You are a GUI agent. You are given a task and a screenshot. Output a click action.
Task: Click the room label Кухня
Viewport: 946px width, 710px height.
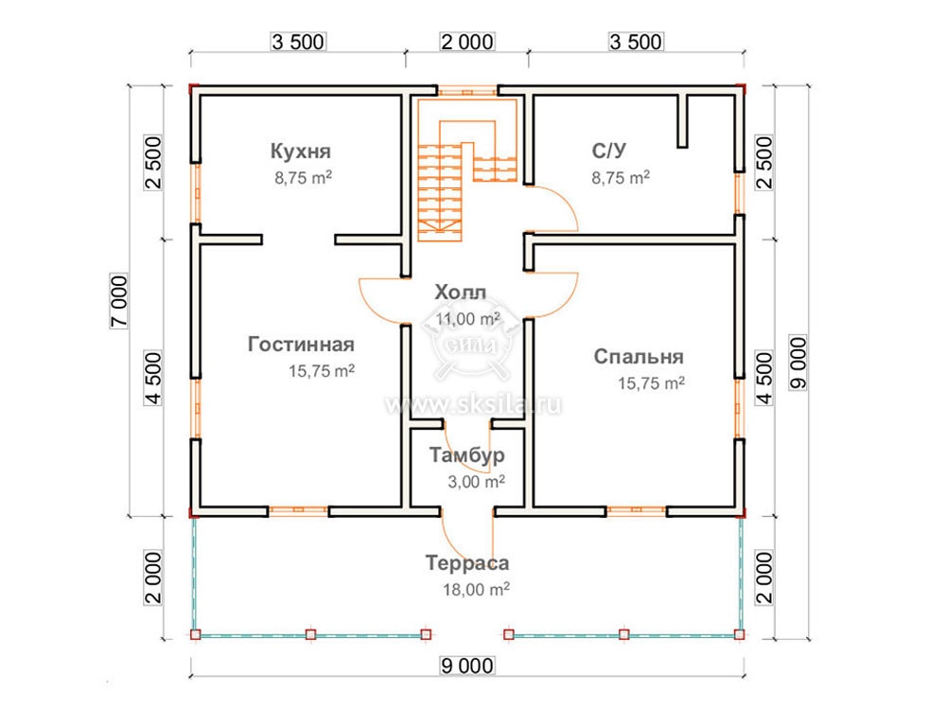pyautogui.click(x=301, y=151)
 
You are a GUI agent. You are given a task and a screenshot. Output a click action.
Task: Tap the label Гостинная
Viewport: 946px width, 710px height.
pyautogui.click(x=301, y=345)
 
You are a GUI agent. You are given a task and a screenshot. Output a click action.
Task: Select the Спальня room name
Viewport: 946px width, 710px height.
pyautogui.click(x=639, y=356)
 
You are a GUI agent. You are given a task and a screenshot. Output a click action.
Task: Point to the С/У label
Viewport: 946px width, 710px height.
pyautogui.click(x=608, y=151)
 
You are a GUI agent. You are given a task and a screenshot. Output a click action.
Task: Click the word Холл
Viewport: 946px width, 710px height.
pyautogui.click(x=461, y=293)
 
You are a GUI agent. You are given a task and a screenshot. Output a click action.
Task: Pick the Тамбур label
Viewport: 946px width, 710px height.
pyautogui.click(x=467, y=454)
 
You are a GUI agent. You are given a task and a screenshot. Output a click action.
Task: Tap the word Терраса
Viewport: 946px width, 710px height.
pyautogui.click(x=467, y=562)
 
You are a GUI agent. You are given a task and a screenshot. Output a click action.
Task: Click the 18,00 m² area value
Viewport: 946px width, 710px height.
pyautogui.click(x=476, y=589)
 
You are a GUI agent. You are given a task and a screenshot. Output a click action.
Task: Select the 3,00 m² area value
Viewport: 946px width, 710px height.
pyautogui.click(x=476, y=481)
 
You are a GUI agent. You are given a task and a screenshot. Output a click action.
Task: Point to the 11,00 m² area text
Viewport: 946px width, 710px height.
pyautogui.click(x=468, y=318)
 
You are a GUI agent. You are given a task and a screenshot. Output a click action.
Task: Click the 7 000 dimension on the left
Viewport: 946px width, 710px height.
pyautogui.click(x=119, y=301)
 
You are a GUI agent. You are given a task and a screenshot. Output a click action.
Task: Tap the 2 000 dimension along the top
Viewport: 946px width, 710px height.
pyautogui.click(x=467, y=43)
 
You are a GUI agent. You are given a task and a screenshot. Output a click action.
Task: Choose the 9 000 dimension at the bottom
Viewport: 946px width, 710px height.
pyautogui.click(x=467, y=666)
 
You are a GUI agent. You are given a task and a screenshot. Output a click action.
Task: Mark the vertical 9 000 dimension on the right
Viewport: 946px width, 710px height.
pyautogui.click(x=797, y=363)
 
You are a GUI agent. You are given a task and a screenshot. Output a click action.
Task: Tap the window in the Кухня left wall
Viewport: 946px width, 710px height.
pyautogui.click(x=196, y=193)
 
